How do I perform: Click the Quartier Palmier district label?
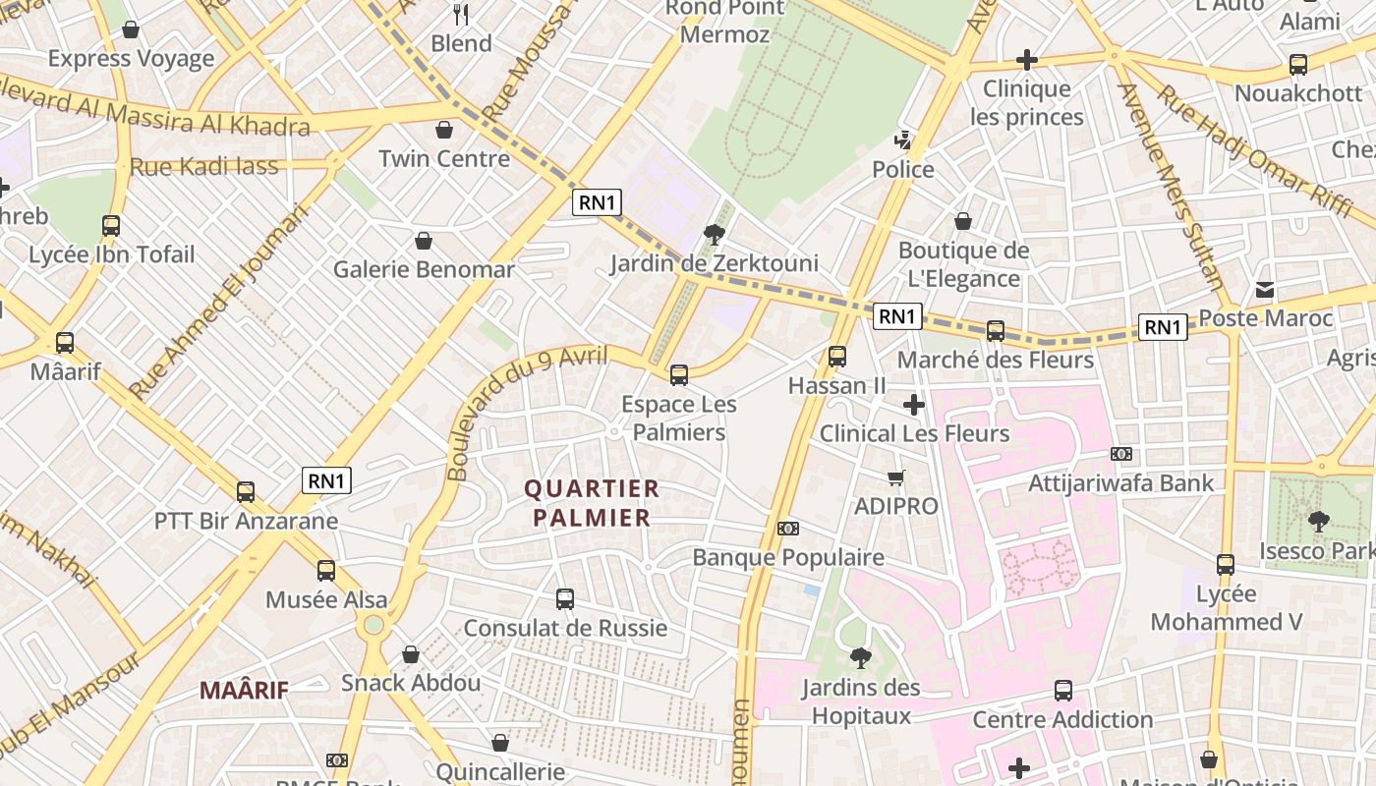588,503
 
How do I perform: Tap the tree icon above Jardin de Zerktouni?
715,234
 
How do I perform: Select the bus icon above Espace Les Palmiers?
679,374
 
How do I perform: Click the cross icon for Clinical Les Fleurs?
914,404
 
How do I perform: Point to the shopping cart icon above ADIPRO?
895,478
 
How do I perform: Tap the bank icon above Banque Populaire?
788,529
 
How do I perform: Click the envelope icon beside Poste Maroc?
1265,290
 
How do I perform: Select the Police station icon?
903,140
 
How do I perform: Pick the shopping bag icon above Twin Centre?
444,130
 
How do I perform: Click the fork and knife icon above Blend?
461,14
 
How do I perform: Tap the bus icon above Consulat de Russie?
565,598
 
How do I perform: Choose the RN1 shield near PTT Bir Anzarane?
326,480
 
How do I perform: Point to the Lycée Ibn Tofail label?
111,254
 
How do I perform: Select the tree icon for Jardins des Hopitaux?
861,657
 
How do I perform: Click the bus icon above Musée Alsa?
326,570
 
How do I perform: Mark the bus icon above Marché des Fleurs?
996,331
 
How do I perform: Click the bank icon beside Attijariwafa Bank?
1121,454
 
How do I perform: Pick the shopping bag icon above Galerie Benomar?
424,241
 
